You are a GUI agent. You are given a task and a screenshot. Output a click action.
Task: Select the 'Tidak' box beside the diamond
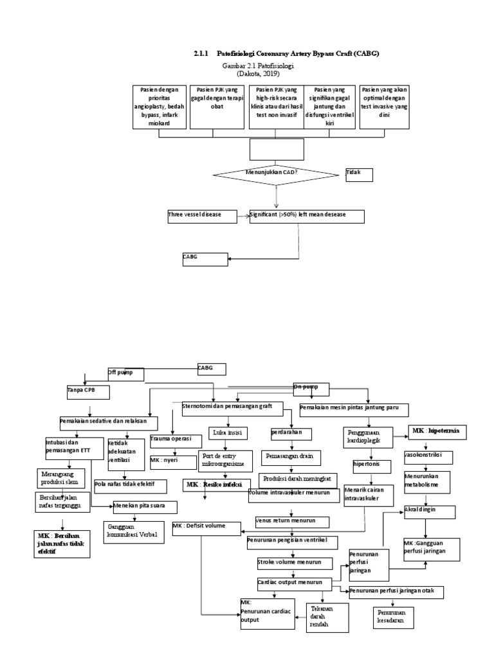(x=358, y=175)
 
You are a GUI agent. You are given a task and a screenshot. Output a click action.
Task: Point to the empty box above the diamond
(x=276, y=150)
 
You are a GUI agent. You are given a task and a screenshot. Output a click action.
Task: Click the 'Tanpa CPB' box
(x=87, y=391)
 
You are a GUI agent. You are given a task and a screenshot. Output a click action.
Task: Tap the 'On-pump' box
(x=311, y=388)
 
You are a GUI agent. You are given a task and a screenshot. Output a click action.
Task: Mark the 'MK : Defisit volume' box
(x=206, y=528)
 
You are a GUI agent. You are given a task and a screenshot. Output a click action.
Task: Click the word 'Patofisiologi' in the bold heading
(x=239, y=55)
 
